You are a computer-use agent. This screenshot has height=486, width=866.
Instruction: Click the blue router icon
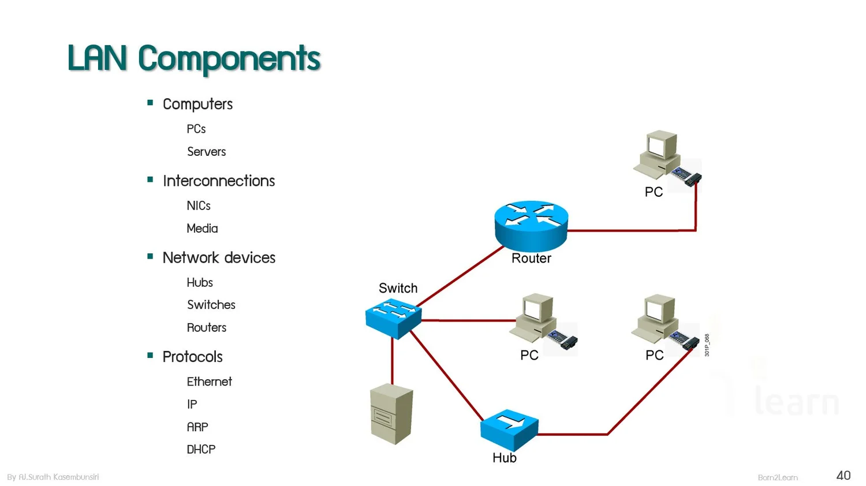pos(531,225)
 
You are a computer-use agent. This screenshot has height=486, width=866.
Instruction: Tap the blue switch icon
pos(393,317)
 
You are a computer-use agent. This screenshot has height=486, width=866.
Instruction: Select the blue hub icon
pos(509,429)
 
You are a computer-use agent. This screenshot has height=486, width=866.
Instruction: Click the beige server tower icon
pos(391,414)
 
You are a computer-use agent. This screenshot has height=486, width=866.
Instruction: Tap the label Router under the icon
pos(531,259)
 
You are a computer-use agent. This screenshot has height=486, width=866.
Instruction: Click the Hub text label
pos(504,458)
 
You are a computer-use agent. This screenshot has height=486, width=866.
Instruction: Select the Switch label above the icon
pos(398,288)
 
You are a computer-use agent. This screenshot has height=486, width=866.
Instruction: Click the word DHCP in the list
pos(201,449)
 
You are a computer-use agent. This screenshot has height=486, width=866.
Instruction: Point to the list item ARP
pos(197,427)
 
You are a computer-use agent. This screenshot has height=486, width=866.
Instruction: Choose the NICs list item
pos(199,205)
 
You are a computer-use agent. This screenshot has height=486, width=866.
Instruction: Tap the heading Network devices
pos(219,257)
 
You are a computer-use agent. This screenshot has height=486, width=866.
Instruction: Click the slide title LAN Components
pos(193,58)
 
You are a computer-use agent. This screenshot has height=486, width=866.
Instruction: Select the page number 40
pos(843,476)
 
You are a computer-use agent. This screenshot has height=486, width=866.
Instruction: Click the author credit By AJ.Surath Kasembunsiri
pos(53,477)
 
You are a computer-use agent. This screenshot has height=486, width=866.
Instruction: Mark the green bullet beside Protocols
pos(150,356)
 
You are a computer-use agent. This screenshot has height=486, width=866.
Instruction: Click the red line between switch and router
pos(461,276)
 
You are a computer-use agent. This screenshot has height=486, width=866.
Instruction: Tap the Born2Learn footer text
pos(777,477)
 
